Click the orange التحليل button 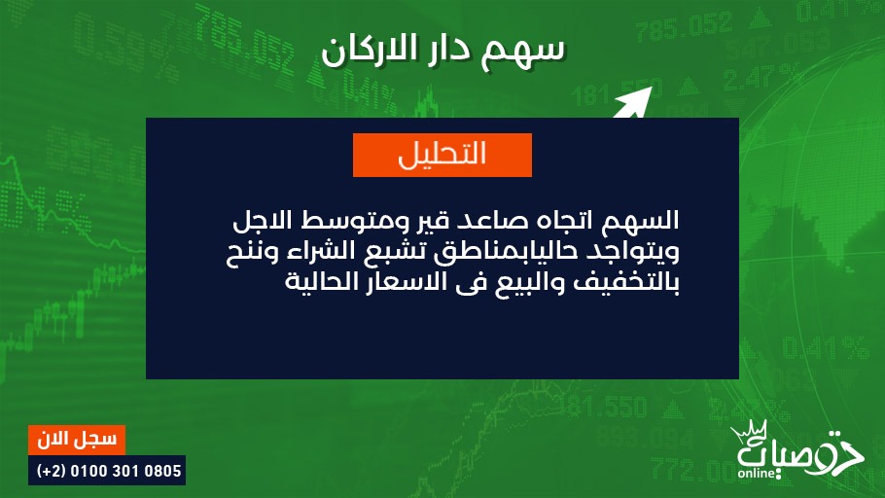point(442,155)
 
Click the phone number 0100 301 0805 point(125,471)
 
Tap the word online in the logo point(757,473)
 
